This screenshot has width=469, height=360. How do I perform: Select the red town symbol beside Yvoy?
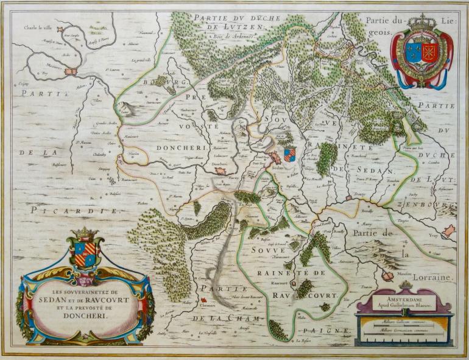448,231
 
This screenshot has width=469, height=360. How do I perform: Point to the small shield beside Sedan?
290,153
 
